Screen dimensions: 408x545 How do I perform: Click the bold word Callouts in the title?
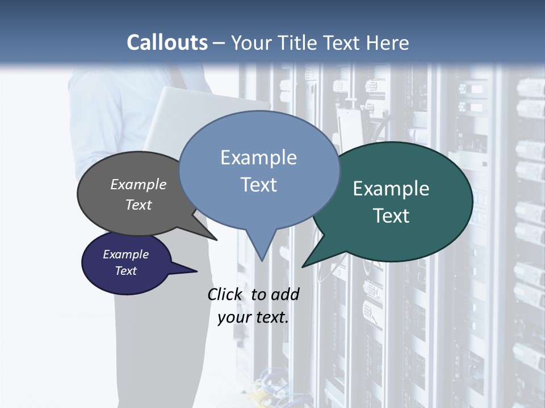167,42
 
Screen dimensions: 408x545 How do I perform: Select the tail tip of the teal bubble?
304,265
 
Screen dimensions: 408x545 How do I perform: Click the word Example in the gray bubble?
138,184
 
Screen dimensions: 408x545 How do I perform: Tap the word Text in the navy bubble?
126,271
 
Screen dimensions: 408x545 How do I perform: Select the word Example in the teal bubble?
391,189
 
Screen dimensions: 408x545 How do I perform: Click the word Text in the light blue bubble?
259,184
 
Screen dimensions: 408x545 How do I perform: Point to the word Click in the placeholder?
226,294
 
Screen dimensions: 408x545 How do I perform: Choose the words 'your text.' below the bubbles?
253,317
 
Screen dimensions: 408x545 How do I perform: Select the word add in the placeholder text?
285,294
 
